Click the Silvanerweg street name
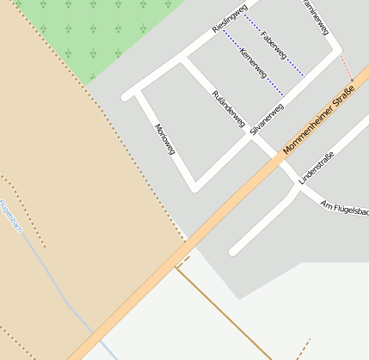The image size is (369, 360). pos(266,120)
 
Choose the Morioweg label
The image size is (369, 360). pos(164,139)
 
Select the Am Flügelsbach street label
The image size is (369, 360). pos(344,208)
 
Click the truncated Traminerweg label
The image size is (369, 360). pos(316,17)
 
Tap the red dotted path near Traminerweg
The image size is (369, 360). pos(346,69)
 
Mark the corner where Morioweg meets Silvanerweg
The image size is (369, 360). pos(195,186)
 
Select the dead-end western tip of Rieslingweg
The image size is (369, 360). pos(127,96)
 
